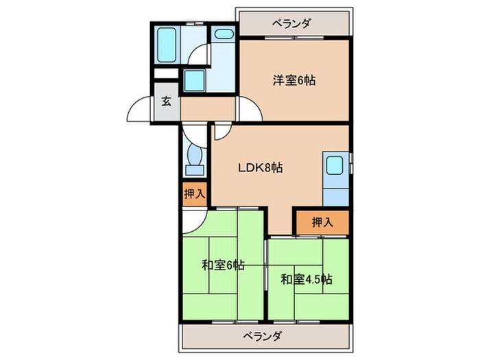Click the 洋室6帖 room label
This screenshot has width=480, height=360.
click(295, 79)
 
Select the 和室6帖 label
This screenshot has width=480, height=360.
click(223, 265)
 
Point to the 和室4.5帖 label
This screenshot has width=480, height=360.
click(307, 279)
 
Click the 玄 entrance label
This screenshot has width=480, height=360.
click(167, 102)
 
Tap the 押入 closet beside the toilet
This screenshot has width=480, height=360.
click(193, 194)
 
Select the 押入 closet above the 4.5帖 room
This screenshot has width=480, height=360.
click(322, 221)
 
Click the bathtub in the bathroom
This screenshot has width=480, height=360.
click(167, 45)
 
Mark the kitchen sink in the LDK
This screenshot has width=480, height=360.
click(335, 166)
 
